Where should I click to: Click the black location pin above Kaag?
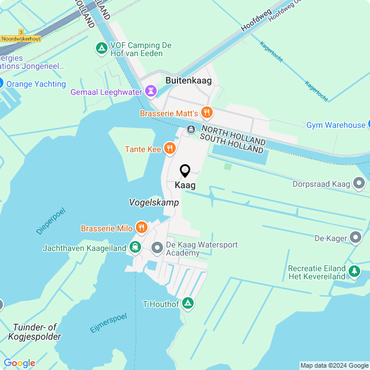185,171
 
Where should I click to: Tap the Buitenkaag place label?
188,80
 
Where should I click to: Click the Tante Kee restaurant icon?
169,149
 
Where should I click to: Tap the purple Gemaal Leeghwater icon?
151,91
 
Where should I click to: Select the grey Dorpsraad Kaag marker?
360,184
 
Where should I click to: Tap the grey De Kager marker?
356,238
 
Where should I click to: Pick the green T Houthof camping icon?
187,303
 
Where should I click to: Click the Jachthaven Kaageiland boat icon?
135,247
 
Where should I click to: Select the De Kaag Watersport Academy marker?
157,248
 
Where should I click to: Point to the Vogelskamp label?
154,203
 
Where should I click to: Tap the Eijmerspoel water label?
108,323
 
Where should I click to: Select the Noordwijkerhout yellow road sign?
21,39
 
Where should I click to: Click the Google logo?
19,363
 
